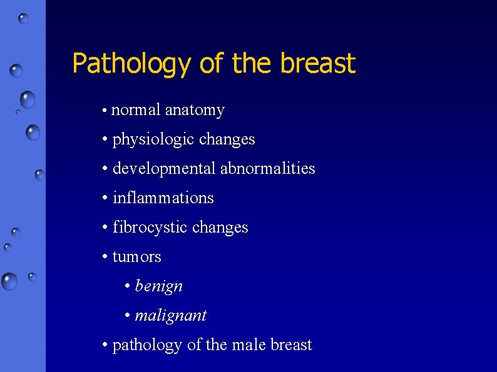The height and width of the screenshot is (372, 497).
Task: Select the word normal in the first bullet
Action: [x=136, y=111]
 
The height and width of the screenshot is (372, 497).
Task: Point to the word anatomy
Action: [x=195, y=111]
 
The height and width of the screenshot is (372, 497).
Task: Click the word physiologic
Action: [x=153, y=139]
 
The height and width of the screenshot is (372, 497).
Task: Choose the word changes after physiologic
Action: [x=227, y=139]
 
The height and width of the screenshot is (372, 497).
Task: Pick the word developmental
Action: [x=165, y=169]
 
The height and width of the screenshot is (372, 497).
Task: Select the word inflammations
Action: [x=163, y=198]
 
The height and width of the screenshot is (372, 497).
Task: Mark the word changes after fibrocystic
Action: [x=220, y=228]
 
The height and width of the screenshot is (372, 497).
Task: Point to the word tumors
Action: [x=137, y=257]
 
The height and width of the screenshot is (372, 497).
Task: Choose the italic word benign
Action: [x=159, y=286]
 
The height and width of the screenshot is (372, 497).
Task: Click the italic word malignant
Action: [x=171, y=316]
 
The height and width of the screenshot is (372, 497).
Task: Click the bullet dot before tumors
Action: [x=105, y=257]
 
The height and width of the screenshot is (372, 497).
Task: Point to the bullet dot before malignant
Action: [x=128, y=316]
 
